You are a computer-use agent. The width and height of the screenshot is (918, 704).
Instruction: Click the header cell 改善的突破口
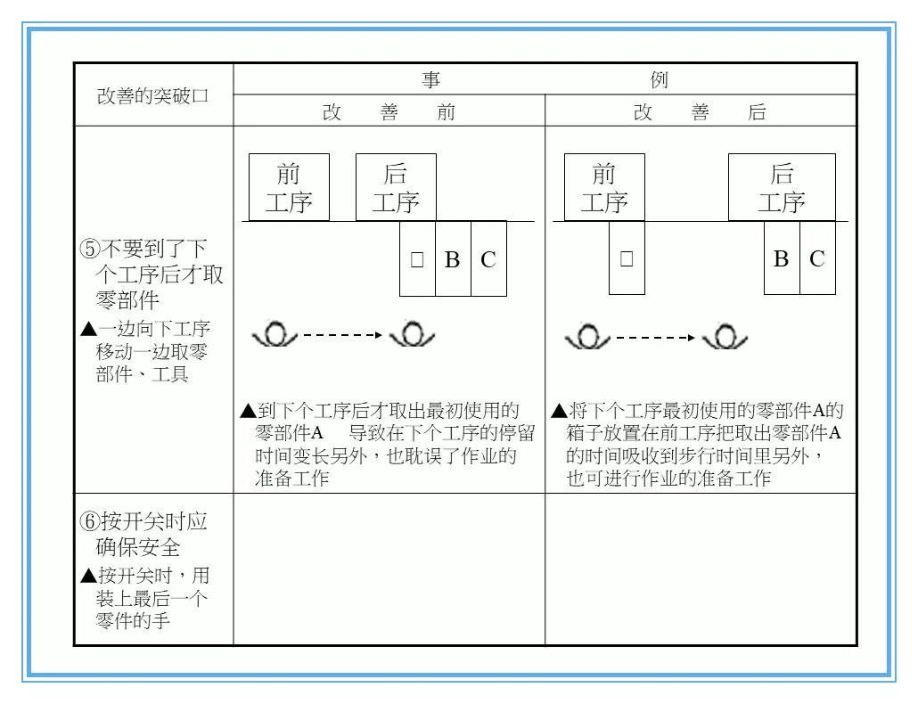(152, 95)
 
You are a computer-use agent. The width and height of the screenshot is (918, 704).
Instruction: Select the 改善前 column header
(389, 112)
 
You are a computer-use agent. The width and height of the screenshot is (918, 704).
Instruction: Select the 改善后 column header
(700, 112)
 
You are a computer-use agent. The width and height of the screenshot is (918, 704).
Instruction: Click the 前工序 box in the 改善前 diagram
(289, 187)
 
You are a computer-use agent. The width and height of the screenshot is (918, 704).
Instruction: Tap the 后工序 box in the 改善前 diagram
(396, 187)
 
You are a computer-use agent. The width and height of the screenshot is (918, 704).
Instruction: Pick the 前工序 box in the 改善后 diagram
(604, 187)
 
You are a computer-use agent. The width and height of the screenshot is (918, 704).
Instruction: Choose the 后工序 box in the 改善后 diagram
(782, 187)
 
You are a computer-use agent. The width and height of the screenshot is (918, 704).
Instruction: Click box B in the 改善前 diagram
(453, 259)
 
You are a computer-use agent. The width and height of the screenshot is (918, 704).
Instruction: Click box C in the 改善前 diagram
(488, 259)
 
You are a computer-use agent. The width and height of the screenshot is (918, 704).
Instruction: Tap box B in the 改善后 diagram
(782, 259)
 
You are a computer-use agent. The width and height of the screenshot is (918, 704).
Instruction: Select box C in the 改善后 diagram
(817, 259)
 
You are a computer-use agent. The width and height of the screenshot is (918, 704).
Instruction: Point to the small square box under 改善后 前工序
(627, 258)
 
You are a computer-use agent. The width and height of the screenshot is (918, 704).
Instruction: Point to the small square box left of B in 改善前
(417, 259)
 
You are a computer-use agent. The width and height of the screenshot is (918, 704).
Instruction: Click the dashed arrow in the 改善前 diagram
(343, 337)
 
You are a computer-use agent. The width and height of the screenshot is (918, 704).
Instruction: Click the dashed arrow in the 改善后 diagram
(655, 338)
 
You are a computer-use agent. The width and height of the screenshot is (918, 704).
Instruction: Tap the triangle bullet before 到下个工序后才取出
(248, 411)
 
